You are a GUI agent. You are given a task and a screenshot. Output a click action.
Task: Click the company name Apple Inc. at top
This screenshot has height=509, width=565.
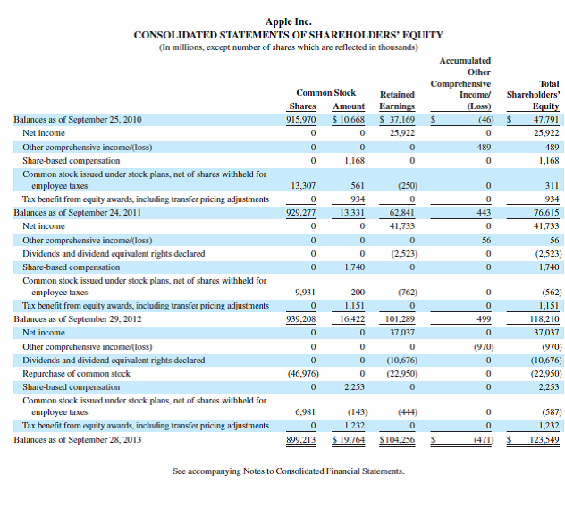pyautogui.click(x=288, y=21)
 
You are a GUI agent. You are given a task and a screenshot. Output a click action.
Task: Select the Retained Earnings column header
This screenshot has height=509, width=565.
pyautogui.click(x=397, y=99)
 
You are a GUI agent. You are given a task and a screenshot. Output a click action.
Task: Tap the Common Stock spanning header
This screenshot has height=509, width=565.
pyautogui.click(x=325, y=92)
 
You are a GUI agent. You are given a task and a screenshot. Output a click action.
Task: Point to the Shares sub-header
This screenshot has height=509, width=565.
pyautogui.click(x=302, y=106)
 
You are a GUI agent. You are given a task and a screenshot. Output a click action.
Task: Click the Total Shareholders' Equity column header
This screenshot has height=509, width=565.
pyautogui.click(x=533, y=93)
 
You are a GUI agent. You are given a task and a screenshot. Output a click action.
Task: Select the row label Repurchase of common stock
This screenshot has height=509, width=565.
pyautogui.click(x=76, y=373)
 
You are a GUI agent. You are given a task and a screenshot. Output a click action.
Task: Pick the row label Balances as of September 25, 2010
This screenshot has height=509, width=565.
pyautogui.click(x=79, y=119)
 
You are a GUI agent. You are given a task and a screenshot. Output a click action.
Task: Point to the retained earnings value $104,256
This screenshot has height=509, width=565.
pyautogui.click(x=398, y=440)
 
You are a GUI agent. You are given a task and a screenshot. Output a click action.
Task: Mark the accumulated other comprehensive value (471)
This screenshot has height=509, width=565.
pyautogui.click(x=483, y=440)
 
